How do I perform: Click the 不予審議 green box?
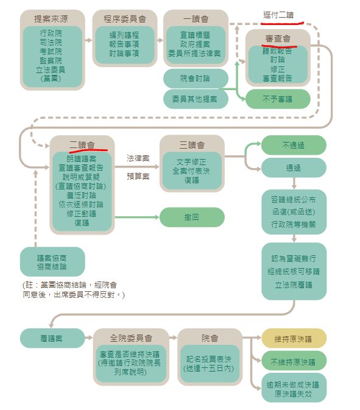point(278,99)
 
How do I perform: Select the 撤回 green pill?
point(192,217)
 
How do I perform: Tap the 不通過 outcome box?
point(294,145)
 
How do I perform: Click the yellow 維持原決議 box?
point(294,339)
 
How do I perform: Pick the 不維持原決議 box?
point(294,361)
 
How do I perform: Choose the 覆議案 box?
point(52,338)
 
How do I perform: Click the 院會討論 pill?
point(196,78)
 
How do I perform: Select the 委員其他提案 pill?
point(196,99)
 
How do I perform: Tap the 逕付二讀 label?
point(278,15)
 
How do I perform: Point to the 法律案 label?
point(138,158)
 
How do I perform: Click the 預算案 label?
point(138,177)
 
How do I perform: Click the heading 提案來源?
point(51,19)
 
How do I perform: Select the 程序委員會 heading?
point(125,19)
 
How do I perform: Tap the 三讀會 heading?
point(192,145)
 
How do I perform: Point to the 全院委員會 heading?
point(131,338)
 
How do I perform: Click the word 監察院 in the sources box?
point(51,61)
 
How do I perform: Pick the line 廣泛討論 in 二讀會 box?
point(82,196)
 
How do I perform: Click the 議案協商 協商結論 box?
point(52,262)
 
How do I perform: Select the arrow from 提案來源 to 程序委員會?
point(88,40)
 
